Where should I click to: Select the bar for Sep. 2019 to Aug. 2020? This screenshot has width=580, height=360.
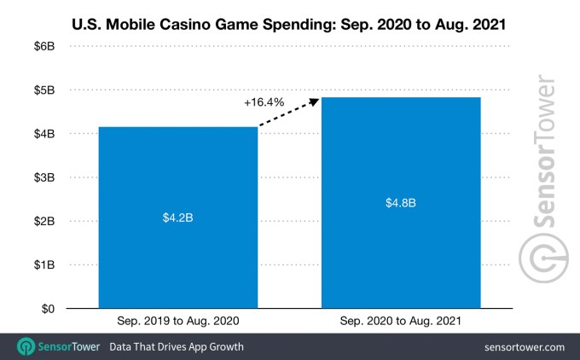[177, 256]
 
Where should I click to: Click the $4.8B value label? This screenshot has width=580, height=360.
[400, 203]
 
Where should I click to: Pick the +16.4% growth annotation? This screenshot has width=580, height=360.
[264, 103]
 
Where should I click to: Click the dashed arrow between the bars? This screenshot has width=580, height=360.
[287, 113]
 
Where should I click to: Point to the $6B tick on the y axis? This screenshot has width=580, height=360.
[45, 46]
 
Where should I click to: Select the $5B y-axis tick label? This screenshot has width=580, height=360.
[45, 90]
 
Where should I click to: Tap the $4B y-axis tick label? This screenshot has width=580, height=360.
[45, 134]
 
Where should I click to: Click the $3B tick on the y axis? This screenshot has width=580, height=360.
[45, 177]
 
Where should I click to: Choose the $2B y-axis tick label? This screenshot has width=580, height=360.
[45, 221]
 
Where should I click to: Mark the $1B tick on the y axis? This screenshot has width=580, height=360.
[45, 265]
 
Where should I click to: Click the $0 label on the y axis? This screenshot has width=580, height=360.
[49, 309]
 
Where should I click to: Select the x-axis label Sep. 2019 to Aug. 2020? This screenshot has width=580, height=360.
[177, 322]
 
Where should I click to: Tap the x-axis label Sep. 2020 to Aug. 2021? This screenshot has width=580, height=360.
[400, 322]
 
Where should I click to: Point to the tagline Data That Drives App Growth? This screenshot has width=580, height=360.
[176, 347]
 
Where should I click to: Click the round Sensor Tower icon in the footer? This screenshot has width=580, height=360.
[25, 347]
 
